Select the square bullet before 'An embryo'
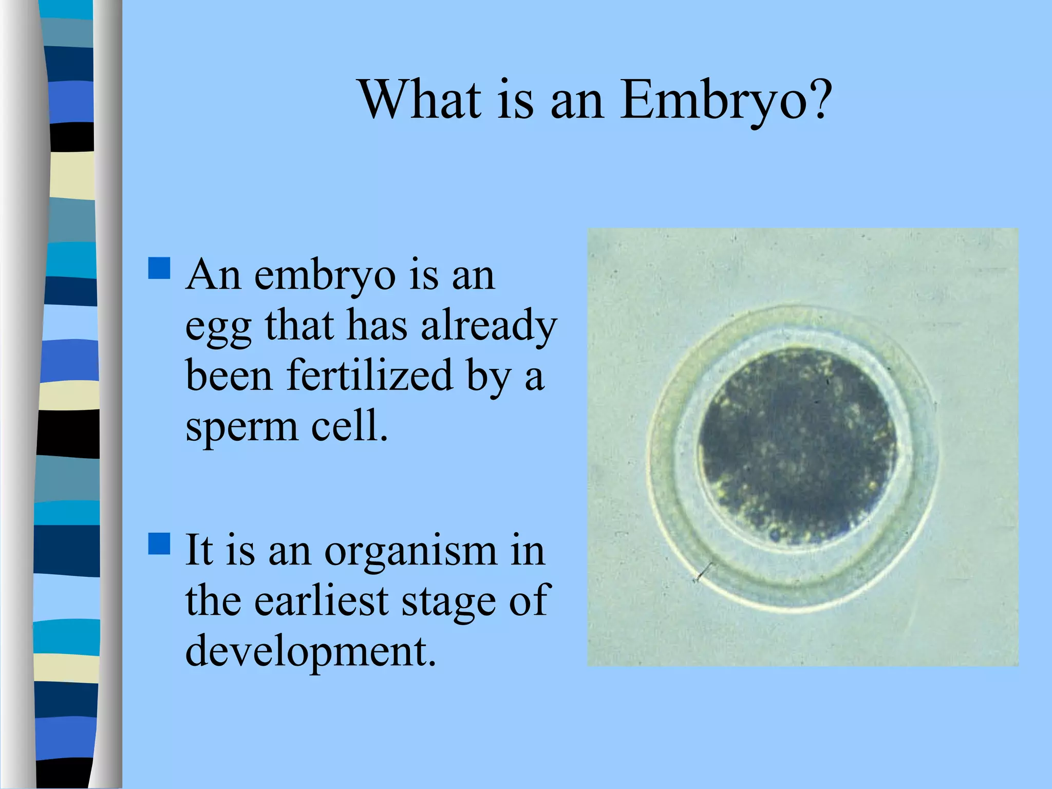coord(159,268)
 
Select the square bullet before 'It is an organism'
coord(159,543)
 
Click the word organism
coord(410,551)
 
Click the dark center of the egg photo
coord(797,444)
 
